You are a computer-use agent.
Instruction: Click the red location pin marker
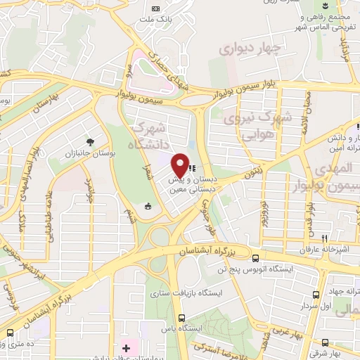[179, 165]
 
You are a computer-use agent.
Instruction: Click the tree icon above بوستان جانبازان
[89, 141]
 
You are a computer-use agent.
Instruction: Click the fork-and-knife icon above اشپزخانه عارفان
[324, 238]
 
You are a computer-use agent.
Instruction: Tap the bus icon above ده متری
[10, 332]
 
